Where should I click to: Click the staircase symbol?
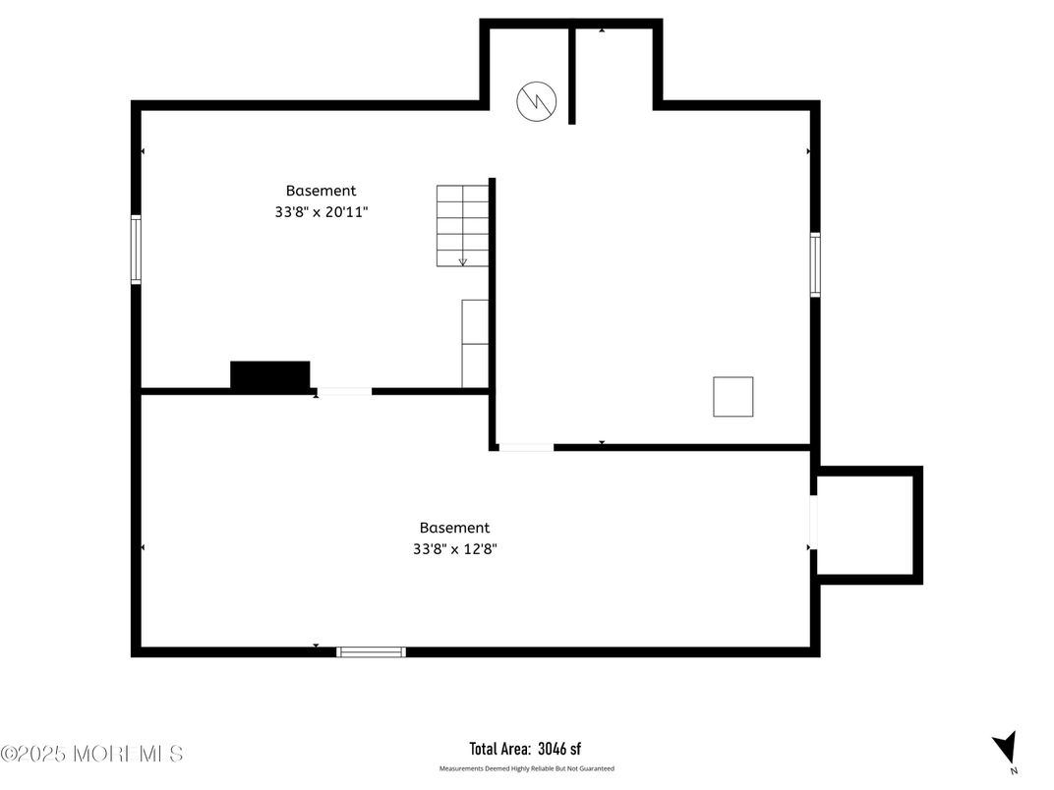tap(462, 225)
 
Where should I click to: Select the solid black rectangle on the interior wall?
tap(270, 376)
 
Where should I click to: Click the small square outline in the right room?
tap(732, 396)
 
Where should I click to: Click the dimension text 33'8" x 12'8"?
tap(454, 549)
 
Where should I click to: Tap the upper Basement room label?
tap(321, 191)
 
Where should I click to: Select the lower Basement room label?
tap(454, 528)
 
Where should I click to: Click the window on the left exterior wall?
tap(136, 250)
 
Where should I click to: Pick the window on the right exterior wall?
tap(815, 264)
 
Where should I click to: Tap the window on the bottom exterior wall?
tap(371, 651)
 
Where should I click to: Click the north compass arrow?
tap(1004, 749)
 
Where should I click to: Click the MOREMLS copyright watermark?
tap(91, 754)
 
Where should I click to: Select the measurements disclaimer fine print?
tap(526, 768)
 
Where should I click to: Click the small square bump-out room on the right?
tap(867, 524)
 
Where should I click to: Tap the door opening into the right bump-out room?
tap(813, 523)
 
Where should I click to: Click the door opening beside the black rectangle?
tap(344, 392)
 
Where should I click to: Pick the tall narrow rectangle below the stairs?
tap(475, 343)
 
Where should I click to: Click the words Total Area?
tap(500, 749)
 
